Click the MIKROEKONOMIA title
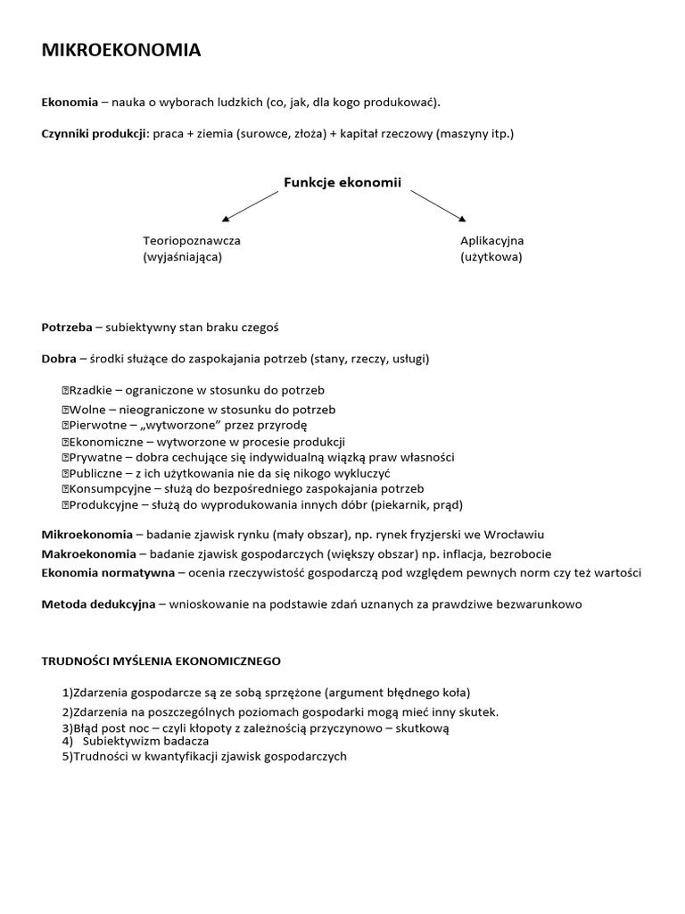(x=121, y=51)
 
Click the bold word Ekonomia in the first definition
(x=67, y=103)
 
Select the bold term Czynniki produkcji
(x=94, y=134)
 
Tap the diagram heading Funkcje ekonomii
(x=342, y=182)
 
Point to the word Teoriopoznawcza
(x=192, y=241)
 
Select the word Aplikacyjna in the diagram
(x=492, y=241)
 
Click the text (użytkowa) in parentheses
(x=491, y=257)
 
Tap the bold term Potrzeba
(x=67, y=328)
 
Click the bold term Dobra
(x=59, y=359)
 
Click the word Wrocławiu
(x=510, y=535)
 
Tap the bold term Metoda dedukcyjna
(x=98, y=604)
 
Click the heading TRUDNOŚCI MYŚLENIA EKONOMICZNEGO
(x=161, y=661)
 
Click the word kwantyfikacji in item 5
(x=177, y=756)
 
